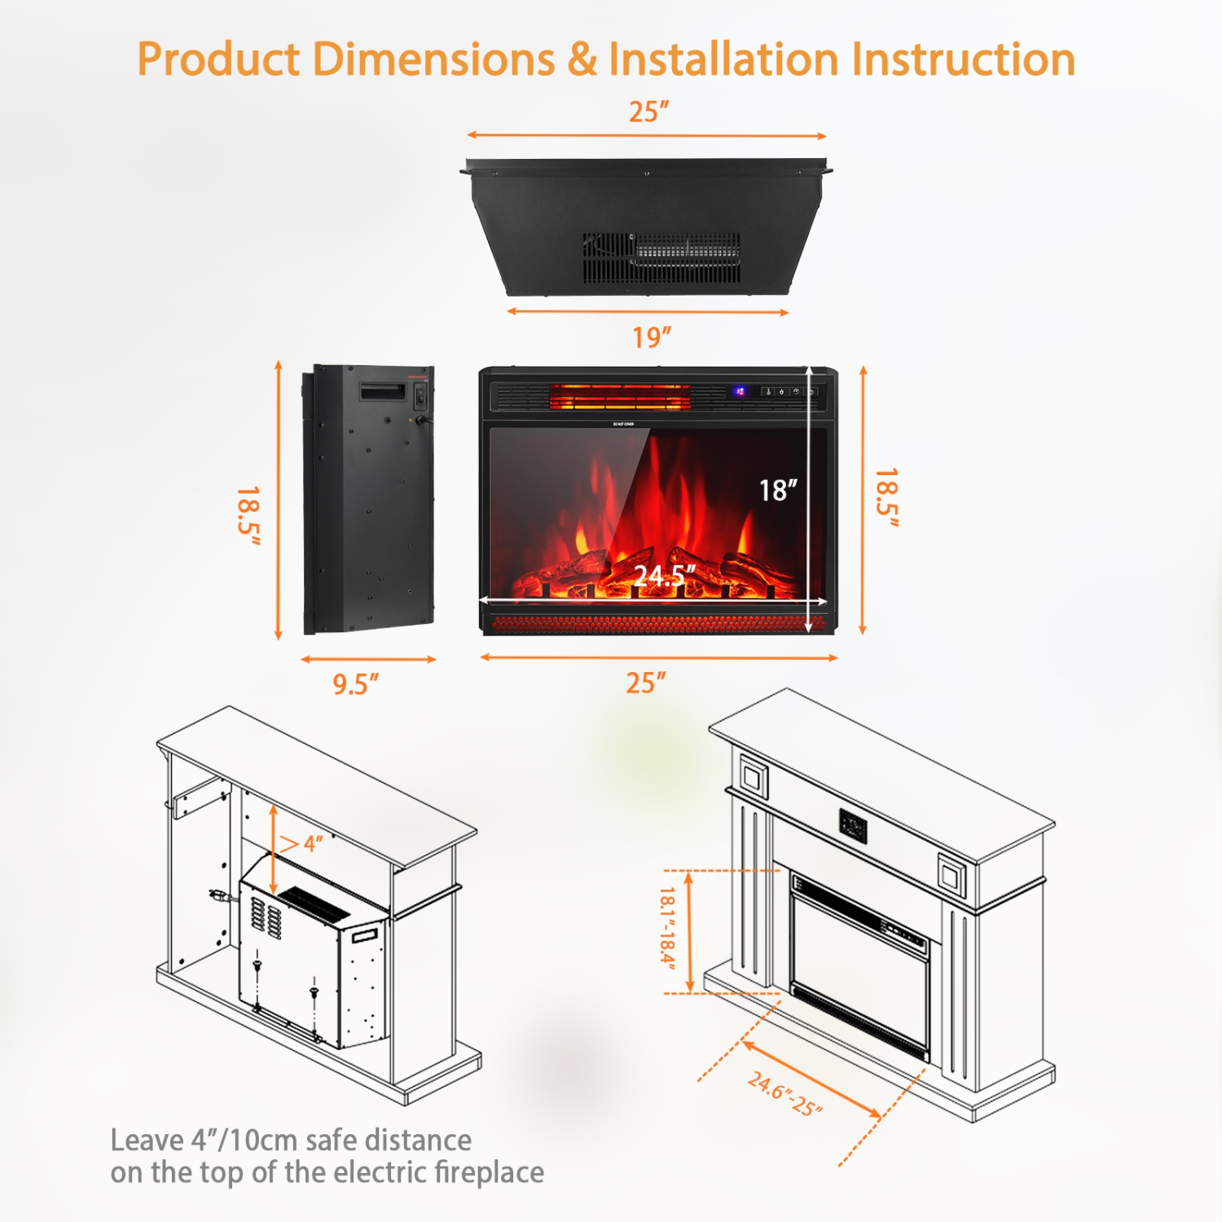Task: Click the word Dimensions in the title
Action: point(433,60)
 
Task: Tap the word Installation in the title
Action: point(723,60)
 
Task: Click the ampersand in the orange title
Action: point(582,60)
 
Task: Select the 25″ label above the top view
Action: point(648,112)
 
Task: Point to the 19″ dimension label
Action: point(652,337)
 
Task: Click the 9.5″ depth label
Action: point(356,684)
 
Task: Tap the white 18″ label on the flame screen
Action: point(778,490)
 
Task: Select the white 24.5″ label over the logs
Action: point(665,576)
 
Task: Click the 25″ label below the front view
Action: point(646,683)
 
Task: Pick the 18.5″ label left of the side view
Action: point(248,511)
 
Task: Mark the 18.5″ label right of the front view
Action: point(886,497)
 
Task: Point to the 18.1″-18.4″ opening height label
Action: point(667,928)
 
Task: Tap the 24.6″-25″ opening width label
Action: point(785,1094)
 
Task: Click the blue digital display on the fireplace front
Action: point(740,392)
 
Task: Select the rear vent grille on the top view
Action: point(662,257)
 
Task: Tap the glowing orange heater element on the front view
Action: point(619,398)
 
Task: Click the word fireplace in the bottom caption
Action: point(489,1172)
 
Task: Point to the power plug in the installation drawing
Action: point(218,895)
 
